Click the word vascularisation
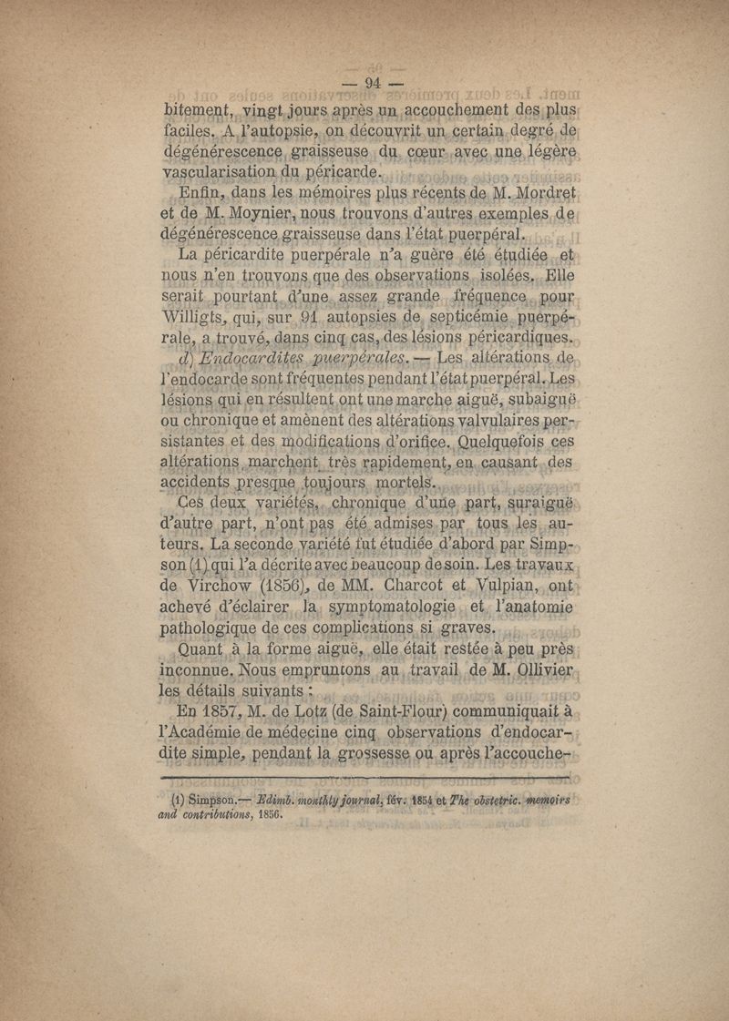point(228,173)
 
